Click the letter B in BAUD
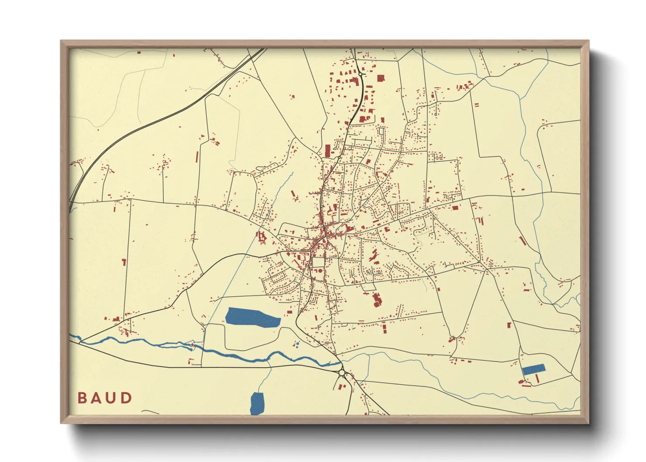point(82,398)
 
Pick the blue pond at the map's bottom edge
point(257,403)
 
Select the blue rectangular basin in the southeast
point(533,369)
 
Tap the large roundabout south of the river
point(341,372)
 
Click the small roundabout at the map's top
point(361,75)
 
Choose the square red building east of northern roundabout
point(380,78)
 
